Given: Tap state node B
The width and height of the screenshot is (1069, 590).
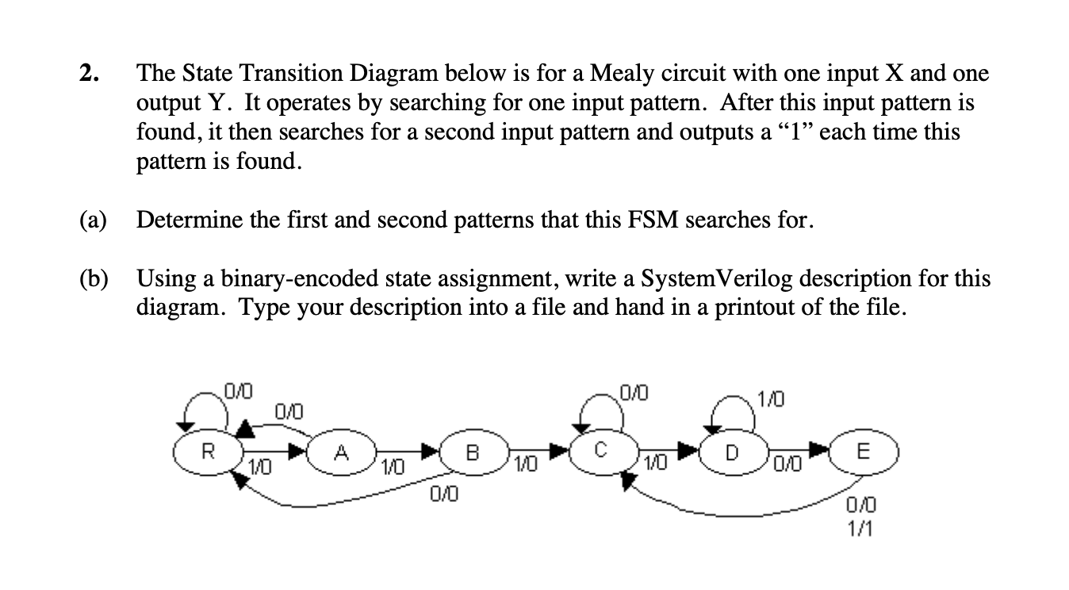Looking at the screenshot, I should pos(473,454).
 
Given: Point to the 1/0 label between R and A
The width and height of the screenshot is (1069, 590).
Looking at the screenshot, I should pos(259,468).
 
